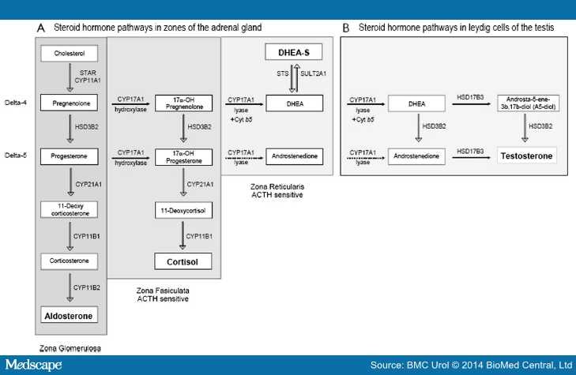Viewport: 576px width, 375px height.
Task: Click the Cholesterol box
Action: (x=70, y=54)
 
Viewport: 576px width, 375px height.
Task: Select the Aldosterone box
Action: (x=70, y=316)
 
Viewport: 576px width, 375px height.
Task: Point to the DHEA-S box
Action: (x=284, y=52)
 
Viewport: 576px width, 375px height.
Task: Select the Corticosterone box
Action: (x=70, y=261)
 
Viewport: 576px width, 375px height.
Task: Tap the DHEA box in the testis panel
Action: (x=417, y=103)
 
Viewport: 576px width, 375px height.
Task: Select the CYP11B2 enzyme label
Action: (x=87, y=288)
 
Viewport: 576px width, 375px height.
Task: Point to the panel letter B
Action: (x=345, y=27)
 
